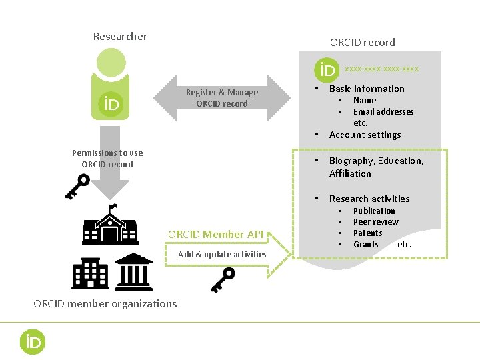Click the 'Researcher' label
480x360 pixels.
click(120, 36)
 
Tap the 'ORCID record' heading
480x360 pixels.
click(362, 42)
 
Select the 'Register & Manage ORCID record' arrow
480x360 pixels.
click(222, 98)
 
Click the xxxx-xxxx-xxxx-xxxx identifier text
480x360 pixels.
click(382, 69)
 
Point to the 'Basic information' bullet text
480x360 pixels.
click(367, 89)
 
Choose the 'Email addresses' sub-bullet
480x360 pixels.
click(383, 111)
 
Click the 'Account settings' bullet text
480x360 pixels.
click(365, 135)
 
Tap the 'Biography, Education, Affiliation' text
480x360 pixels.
click(376, 167)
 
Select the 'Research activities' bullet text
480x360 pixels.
click(369, 199)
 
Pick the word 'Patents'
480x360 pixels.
click(367, 233)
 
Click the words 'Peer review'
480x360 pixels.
click(375, 222)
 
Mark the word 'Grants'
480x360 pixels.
click(366, 245)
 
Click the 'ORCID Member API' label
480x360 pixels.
click(215, 234)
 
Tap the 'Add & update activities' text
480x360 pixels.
click(222, 254)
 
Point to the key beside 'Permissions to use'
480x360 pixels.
click(77, 187)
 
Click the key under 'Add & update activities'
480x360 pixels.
click(223, 280)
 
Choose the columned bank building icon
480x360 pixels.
click(133, 270)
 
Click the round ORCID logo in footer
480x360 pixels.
click(31, 342)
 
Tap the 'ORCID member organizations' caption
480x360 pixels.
click(105, 304)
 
